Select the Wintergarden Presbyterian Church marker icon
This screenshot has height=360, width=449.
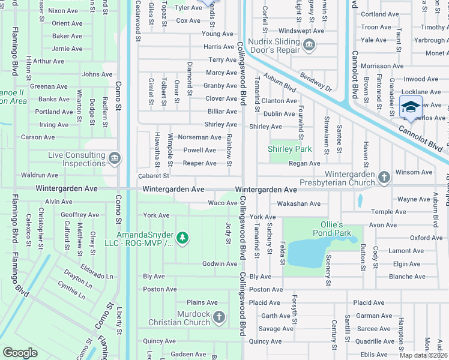384,177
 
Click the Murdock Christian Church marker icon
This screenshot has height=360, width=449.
219,317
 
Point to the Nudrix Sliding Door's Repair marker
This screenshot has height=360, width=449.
309,45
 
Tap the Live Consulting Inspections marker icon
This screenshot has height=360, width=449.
114,159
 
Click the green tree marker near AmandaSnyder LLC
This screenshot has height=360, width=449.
182,239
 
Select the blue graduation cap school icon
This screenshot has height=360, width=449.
411,107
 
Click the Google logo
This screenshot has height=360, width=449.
20,353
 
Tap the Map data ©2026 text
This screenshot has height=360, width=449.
424,355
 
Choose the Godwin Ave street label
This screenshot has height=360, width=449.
219,264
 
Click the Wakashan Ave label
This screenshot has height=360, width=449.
298,203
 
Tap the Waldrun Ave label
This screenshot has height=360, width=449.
39,175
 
